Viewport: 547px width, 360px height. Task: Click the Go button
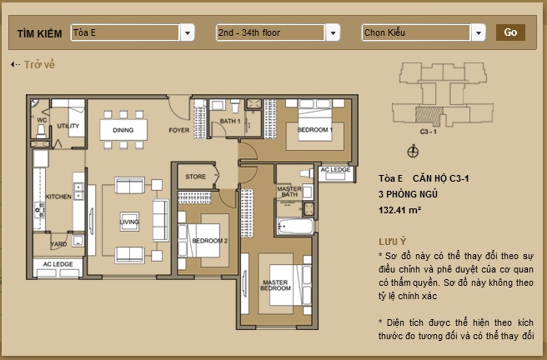[x=510, y=32]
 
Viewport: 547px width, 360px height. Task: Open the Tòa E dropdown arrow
[x=188, y=32]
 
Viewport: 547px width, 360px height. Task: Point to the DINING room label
[x=123, y=130]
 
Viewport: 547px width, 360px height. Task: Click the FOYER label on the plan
[x=178, y=130]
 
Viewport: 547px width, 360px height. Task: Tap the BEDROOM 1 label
[x=315, y=130]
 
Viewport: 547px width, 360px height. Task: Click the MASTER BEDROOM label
[x=275, y=286]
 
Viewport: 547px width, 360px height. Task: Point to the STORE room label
[x=195, y=177]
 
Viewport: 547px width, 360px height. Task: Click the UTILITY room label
[x=68, y=126]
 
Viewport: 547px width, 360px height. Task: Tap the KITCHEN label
[x=58, y=197]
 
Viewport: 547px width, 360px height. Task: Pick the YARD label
[x=58, y=244]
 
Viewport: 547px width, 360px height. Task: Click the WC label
[x=40, y=119]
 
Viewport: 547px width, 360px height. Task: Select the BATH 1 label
[x=230, y=122]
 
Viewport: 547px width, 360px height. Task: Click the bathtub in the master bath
[x=295, y=226]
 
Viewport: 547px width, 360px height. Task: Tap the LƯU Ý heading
[x=390, y=239]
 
